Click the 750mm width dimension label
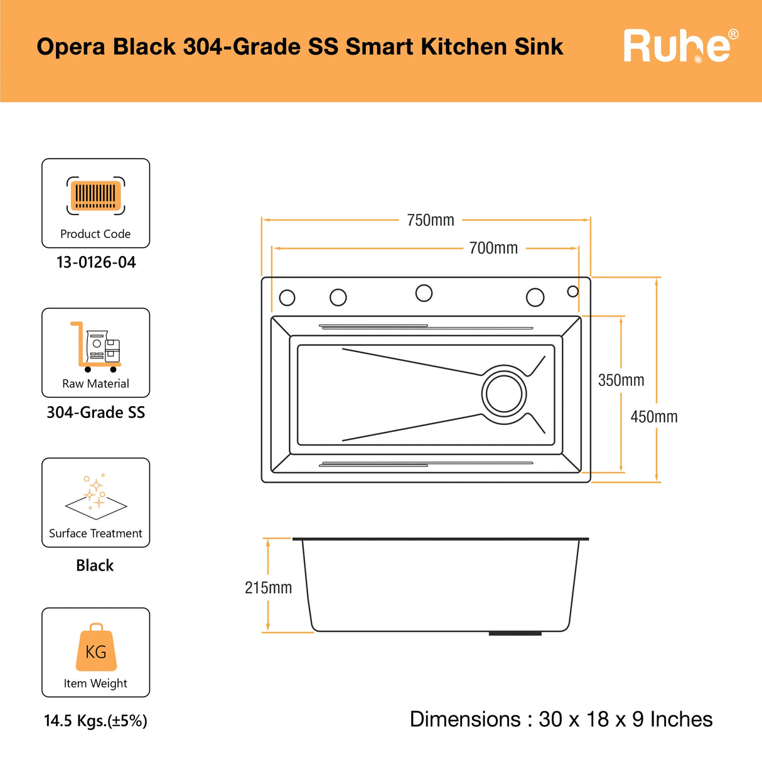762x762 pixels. [431, 220]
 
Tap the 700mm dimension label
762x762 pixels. [493, 248]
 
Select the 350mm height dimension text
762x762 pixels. [621, 380]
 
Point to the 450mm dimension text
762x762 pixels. [654, 417]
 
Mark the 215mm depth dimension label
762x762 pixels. [268, 588]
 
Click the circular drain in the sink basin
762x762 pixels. [504, 394]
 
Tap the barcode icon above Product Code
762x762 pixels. [95, 195]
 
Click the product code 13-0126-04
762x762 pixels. [96, 262]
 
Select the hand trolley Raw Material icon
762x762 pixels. [96, 347]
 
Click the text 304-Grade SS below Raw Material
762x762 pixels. [96, 412]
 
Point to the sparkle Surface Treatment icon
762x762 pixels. [96, 496]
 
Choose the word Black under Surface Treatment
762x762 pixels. [95, 566]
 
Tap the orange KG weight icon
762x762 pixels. [96, 648]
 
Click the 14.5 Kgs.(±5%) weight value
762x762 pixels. [95, 721]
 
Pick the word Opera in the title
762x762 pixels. [71, 47]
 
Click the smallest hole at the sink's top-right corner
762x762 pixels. [573, 291]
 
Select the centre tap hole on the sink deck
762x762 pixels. [424, 293]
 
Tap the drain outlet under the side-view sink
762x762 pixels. [515, 633]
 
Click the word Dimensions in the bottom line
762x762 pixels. [465, 719]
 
